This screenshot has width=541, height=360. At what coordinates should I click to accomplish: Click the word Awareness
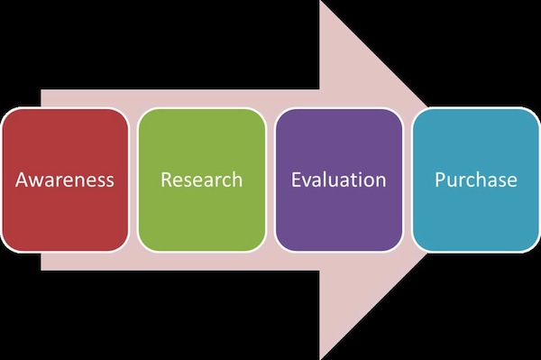65,180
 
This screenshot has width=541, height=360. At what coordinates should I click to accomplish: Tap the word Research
201,180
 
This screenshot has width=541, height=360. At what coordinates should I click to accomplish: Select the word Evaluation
338,180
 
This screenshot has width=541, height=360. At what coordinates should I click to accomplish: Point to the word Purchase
475,180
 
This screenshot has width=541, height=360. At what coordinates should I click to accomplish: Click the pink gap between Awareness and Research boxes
133,180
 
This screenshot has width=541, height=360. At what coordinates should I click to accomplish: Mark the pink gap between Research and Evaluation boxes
270,180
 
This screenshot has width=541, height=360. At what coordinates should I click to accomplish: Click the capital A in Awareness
23,180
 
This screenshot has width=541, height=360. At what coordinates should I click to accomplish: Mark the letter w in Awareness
38,180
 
